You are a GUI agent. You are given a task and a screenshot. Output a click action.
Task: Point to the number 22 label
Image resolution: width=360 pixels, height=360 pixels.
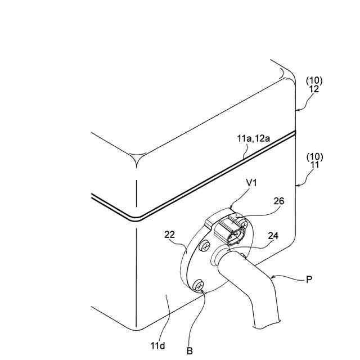(170, 233)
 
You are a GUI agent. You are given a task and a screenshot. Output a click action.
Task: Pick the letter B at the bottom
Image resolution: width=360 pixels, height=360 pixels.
(190, 350)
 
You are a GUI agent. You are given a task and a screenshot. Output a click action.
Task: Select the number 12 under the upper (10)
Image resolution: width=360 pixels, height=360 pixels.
(314, 89)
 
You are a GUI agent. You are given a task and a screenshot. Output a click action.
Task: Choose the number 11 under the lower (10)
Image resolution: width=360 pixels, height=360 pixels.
(314, 165)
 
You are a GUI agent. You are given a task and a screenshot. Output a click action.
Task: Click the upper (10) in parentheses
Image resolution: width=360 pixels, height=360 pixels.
(314, 80)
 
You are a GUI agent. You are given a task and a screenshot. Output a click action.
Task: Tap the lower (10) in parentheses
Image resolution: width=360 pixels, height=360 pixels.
(314, 157)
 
